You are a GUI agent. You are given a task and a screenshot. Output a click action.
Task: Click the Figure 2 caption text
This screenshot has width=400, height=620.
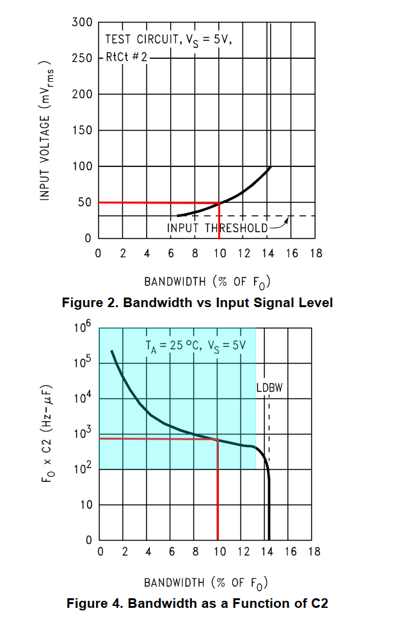point(197,303)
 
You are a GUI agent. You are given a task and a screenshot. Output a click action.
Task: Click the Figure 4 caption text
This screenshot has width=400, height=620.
point(197,603)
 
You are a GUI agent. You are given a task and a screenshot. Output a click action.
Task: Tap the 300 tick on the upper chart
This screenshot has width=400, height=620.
point(83,22)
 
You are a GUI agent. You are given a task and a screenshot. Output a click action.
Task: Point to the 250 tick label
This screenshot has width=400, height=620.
point(83,58)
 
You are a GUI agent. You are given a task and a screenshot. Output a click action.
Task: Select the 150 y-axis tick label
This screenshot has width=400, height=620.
point(83,131)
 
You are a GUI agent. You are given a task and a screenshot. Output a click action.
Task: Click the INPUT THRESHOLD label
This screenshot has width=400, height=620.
point(218,228)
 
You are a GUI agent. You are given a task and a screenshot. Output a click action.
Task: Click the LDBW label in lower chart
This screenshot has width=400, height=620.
point(269,388)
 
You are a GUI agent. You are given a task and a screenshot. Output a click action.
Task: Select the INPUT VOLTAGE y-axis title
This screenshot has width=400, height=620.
point(45,131)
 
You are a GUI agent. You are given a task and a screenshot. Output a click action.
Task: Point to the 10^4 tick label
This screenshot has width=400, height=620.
point(83,400)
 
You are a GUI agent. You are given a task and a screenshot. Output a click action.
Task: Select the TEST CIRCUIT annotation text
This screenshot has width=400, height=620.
point(168,40)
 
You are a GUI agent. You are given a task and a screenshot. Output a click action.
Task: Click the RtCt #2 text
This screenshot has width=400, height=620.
point(126,58)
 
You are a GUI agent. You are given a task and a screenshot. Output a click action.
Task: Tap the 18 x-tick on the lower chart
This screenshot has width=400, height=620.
point(314,552)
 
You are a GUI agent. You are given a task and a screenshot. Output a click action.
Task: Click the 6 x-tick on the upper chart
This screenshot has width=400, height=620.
point(171,253)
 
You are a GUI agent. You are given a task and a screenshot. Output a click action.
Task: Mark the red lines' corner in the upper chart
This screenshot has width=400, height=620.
point(220,203)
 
